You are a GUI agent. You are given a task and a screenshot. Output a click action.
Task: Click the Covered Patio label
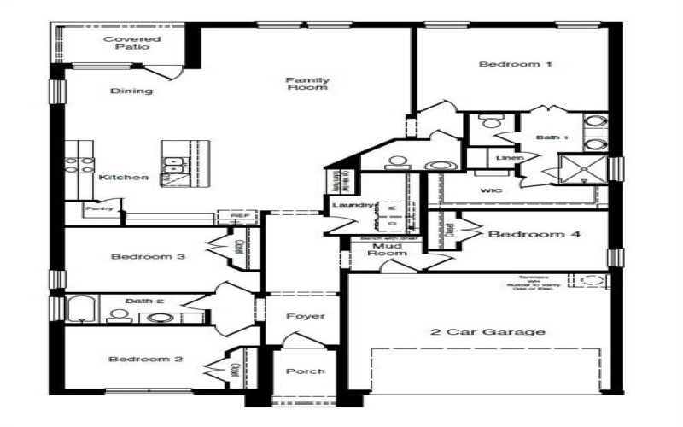(x=131, y=43)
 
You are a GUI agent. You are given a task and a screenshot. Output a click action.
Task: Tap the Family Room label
(x=307, y=84)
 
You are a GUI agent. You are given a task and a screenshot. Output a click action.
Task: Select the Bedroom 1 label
(x=509, y=65)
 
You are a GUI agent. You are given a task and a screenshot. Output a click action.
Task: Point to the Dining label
(x=131, y=91)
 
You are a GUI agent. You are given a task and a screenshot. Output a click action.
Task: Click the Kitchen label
(x=124, y=178)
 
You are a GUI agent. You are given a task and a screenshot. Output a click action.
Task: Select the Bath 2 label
(x=138, y=301)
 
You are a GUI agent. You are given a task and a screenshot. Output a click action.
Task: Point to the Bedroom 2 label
(x=145, y=360)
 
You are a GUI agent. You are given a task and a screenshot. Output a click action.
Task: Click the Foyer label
(x=305, y=317)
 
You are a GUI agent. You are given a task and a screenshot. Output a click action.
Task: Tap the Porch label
(x=305, y=371)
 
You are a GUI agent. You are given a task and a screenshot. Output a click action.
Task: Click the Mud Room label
(x=384, y=249)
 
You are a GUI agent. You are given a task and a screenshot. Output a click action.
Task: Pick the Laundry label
(x=350, y=206)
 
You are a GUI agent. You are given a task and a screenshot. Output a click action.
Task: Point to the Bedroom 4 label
(x=534, y=234)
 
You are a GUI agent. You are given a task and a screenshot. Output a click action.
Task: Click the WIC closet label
(x=490, y=190)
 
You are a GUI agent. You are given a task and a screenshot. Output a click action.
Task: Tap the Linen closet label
(x=505, y=158)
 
